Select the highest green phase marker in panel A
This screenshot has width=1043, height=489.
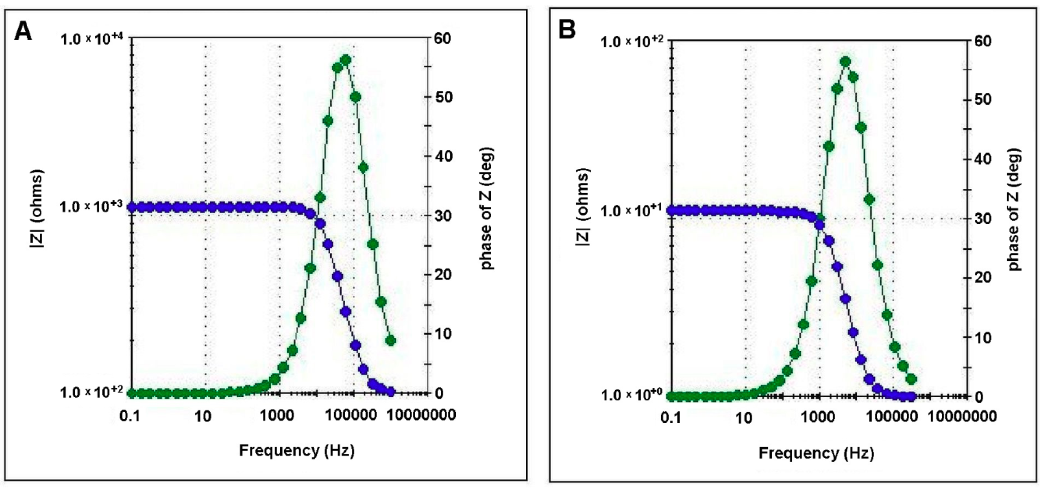pyautogui.click(x=345, y=60)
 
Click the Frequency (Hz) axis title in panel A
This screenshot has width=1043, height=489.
pyautogui.click(x=297, y=450)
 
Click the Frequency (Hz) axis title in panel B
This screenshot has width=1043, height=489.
pyautogui.click(x=816, y=453)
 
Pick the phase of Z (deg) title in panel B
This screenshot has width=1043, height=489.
pyautogui.click(x=1014, y=209)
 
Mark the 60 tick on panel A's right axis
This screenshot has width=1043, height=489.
pyautogui.click(x=443, y=39)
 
